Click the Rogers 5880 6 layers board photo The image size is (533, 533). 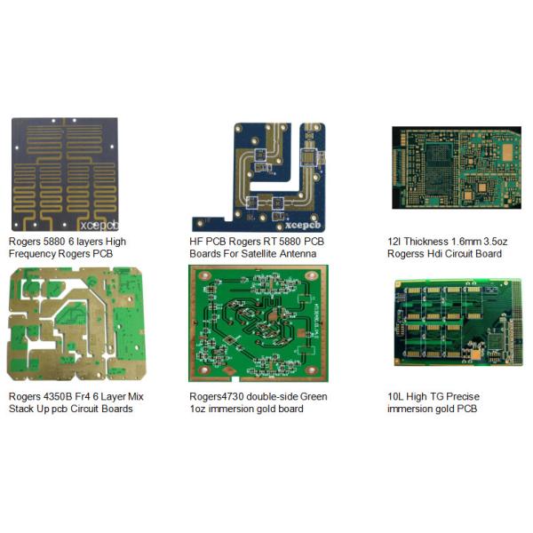[64, 173]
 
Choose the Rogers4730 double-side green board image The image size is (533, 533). [258, 323]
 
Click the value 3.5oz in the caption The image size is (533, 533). [494, 241]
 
